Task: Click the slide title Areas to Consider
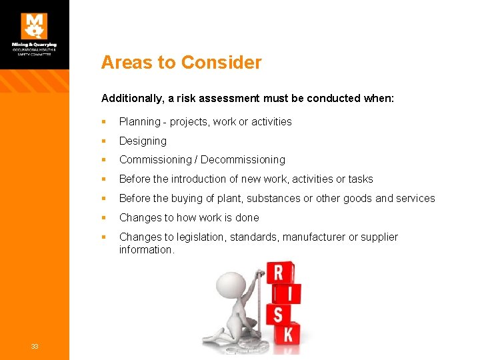[x=181, y=63]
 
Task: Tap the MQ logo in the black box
[x=35, y=25]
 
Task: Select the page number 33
[x=34, y=345]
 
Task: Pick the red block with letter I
[x=288, y=293]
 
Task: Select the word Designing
[x=143, y=141]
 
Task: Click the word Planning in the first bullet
[x=139, y=122]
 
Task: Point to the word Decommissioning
[x=243, y=160]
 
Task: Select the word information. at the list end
[x=147, y=250]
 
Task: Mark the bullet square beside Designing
[x=104, y=141]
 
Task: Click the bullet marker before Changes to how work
[x=104, y=218]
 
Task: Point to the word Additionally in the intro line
[x=131, y=98]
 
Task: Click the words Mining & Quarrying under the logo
[x=35, y=45]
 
